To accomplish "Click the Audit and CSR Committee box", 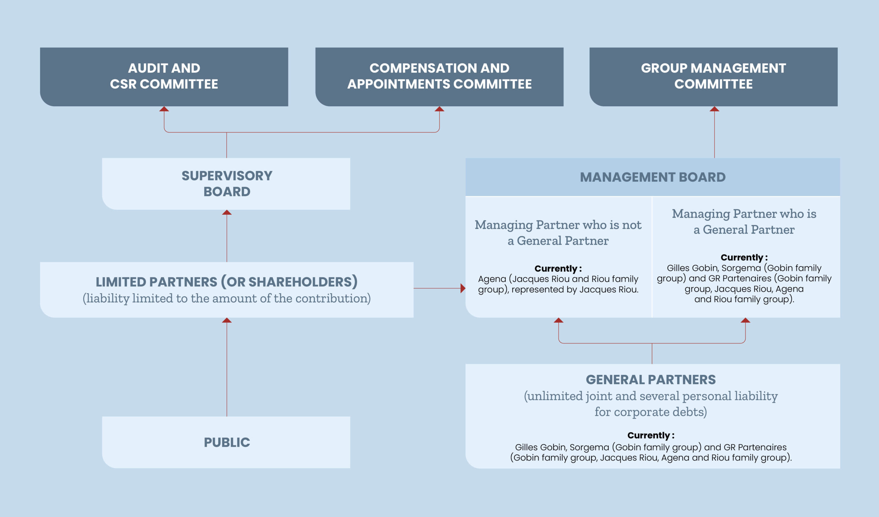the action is click(x=164, y=77).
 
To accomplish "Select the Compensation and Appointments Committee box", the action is click(x=439, y=77).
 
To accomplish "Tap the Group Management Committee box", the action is click(x=713, y=77).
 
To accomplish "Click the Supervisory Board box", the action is click(x=226, y=184).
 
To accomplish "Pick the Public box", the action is click(x=226, y=442).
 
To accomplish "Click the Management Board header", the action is click(x=653, y=177).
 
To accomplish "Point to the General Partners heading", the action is click(x=651, y=380).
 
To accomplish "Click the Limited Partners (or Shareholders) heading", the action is click(x=227, y=282).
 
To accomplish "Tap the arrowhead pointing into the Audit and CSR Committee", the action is click(x=164, y=109).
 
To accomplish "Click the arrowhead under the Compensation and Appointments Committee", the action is click(x=439, y=109).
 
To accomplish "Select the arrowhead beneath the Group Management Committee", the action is click(x=715, y=109).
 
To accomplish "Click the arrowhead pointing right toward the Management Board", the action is click(x=463, y=288).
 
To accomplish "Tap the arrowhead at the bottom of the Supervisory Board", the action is click(x=227, y=212).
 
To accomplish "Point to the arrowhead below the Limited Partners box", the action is click(x=227, y=320).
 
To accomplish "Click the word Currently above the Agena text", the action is click(x=556, y=268).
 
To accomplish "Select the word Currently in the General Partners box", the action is click(x=649, y=435).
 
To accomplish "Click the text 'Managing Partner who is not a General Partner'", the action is click(x=558, y=233).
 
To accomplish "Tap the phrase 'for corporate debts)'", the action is click(x=651, y=412).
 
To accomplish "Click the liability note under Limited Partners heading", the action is click(x=227, y=299).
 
